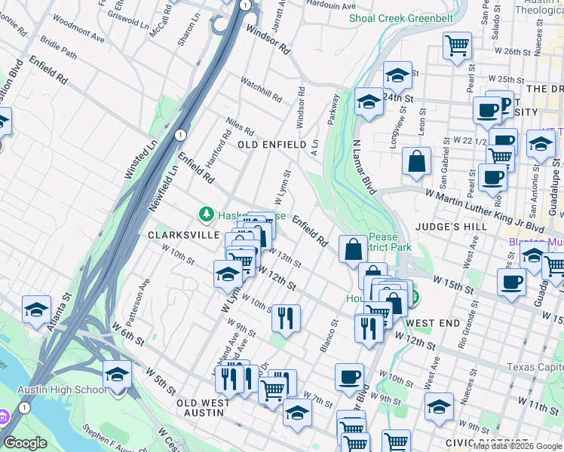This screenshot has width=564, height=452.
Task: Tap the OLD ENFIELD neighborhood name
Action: pos(272,144)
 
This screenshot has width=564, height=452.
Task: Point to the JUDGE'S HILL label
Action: pos(443,225)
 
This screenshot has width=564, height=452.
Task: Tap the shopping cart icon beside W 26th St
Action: pos(457,45)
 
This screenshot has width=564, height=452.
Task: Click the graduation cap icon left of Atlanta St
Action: pos(36,310)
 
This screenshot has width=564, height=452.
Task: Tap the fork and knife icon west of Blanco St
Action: pos(287,317)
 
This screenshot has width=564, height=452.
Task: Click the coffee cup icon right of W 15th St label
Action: pos(511,282)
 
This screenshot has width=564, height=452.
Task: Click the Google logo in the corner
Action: pos(25,443)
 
